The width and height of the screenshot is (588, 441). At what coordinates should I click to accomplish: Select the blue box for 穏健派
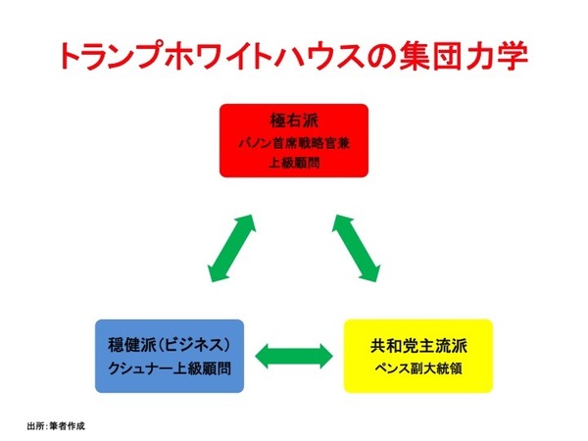(171, 355)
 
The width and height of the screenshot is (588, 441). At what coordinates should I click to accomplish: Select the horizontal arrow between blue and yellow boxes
(292, 353)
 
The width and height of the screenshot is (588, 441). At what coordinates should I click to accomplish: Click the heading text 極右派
(294, 123)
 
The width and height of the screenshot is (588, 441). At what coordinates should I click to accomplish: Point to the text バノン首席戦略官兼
(294, 144)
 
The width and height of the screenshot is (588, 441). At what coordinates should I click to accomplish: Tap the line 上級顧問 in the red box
(294, 163)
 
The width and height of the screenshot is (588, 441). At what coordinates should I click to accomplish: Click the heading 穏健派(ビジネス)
(170, 346)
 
